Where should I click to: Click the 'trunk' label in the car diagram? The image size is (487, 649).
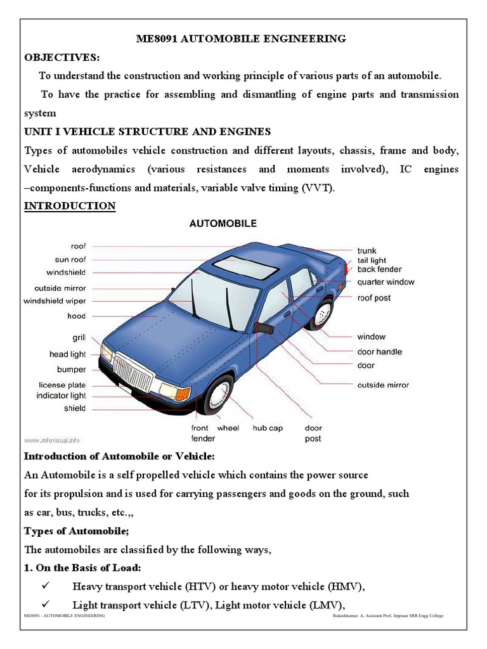367,250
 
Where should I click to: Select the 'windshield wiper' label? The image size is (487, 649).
55,301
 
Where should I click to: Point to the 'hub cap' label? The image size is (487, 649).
268,428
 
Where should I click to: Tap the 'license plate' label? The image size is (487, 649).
62,385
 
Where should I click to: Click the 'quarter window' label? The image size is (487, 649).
386,282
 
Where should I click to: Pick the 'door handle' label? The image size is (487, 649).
379,352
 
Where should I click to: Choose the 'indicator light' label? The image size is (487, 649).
61,395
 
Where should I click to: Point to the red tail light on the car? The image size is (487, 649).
346,269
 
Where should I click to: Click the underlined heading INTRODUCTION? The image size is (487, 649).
70,206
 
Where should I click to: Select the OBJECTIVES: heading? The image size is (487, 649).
62,58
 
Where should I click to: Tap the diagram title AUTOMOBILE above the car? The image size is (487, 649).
223,224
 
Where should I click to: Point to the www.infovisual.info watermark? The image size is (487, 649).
53,439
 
